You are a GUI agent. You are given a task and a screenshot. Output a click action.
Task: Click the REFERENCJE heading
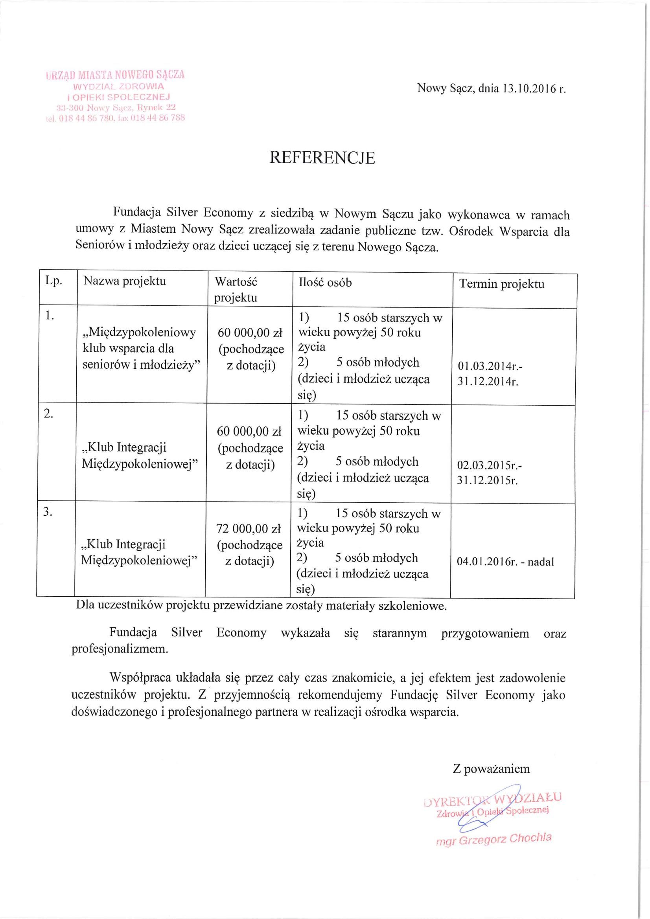322,158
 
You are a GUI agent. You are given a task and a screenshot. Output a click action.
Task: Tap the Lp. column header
53,281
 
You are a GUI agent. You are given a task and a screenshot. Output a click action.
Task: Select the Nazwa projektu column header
125,281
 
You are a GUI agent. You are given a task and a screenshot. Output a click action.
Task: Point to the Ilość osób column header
325,283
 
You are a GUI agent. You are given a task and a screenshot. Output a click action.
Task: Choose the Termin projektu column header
501,284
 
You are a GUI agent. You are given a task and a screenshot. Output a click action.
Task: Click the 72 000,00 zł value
248,529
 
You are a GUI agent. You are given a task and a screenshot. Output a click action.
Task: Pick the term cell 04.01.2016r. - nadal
505,562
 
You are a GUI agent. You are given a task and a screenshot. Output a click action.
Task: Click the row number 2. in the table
48,414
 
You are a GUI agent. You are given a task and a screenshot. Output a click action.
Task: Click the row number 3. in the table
48,511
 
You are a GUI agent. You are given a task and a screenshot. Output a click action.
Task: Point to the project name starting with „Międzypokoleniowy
141,348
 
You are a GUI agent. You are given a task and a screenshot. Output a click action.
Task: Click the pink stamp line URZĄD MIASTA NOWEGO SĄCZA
115,75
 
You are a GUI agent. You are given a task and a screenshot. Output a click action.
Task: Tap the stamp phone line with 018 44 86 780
115,118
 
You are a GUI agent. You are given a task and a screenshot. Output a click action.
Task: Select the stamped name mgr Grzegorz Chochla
493,840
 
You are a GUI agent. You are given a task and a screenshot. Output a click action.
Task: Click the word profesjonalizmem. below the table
120,649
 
